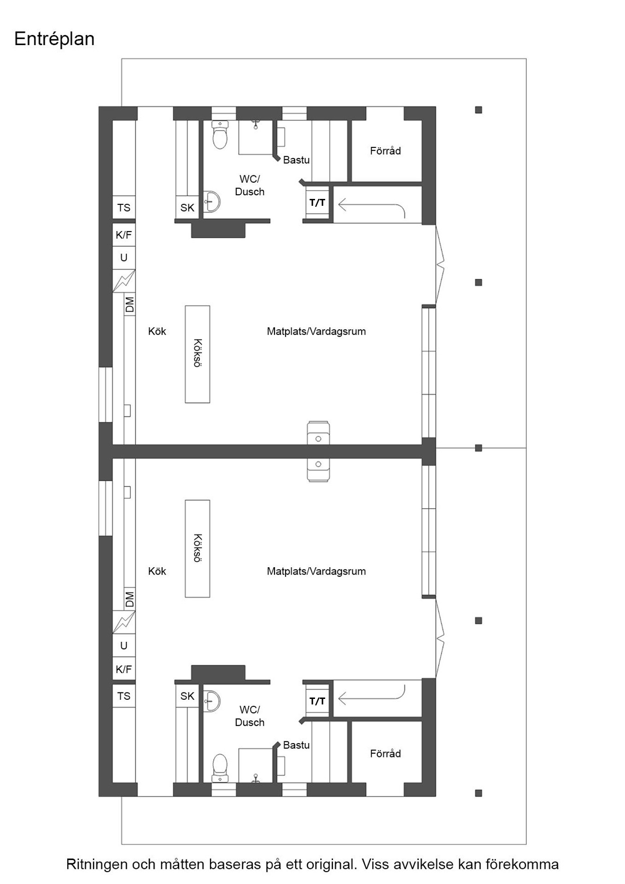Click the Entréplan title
[x=54, y=39]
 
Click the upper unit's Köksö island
[x=197, y=354]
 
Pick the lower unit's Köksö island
[x=197, y=548]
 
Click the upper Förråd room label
[x=385, y=151]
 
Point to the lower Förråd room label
[x=385, y=754]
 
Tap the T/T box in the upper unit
[x=317, y=203]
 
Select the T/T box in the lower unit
[x=317, y=701]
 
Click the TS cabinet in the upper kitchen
[x=123, y=208]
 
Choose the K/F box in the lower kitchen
[x=123, y=669]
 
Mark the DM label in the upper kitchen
[x=129, y=304]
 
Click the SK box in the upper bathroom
[x=187, y=208]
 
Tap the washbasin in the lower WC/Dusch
[x=212, y=701]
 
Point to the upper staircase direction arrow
[x=371, y=204]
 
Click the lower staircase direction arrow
[x=371, y=698]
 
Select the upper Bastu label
[x=296, y=160]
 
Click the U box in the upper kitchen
[x=123, y=258]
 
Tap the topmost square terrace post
[x=479, y=110]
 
